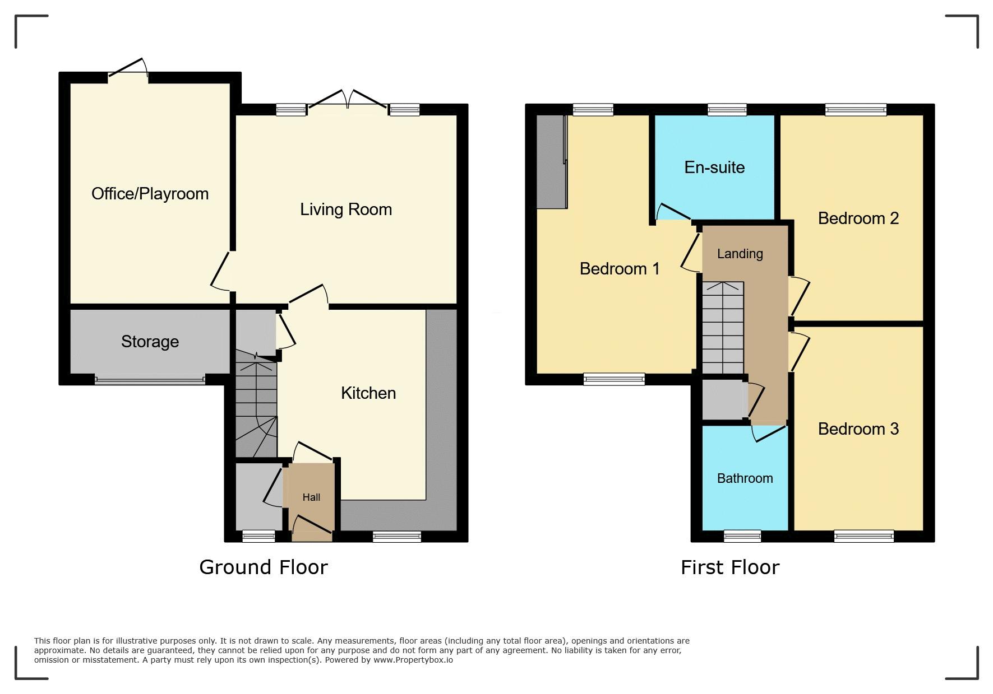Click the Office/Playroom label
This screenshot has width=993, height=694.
point(150,194)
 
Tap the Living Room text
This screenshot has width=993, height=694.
point(346,209)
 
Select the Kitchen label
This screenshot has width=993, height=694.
point(368,393)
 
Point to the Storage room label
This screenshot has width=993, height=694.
point(150,342)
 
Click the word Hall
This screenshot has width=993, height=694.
point(311,497)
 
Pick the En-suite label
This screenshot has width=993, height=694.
point(714,167)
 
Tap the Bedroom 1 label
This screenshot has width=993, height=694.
point(620,269)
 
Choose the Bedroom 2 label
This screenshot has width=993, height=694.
point(858,218)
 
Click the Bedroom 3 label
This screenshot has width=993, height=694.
point(858,429)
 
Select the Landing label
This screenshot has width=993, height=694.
point(740,254)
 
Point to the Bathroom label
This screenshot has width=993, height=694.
point(745,478)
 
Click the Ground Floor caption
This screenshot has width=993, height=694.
point(264,567)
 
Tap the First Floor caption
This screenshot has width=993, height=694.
point(730,567)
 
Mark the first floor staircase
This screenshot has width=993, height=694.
point(723,328)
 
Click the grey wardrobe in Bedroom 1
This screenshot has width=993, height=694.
point(552,162)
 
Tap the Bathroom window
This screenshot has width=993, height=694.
point(742,537)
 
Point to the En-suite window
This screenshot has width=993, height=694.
point(727,110)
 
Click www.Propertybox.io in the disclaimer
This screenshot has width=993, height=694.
point(413,660)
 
